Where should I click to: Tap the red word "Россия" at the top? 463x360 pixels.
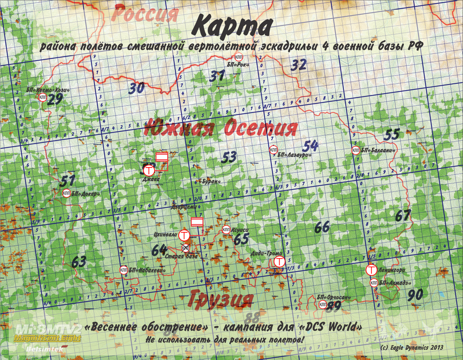145,14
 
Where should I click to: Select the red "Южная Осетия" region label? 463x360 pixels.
220,128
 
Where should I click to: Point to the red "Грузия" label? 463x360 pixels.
221,299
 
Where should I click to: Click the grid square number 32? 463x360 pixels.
299,65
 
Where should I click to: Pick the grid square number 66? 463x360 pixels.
321,227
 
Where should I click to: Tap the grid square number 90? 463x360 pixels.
415,294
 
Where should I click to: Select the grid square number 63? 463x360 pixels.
79,261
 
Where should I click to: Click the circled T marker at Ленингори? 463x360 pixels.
371,269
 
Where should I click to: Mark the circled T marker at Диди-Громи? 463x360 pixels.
278,262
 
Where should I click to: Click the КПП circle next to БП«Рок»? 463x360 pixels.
239,57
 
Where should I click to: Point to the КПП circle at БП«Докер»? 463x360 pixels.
66,193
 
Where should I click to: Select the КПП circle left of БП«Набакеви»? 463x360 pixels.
124,270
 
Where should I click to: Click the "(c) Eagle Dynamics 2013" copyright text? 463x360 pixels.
412,347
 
